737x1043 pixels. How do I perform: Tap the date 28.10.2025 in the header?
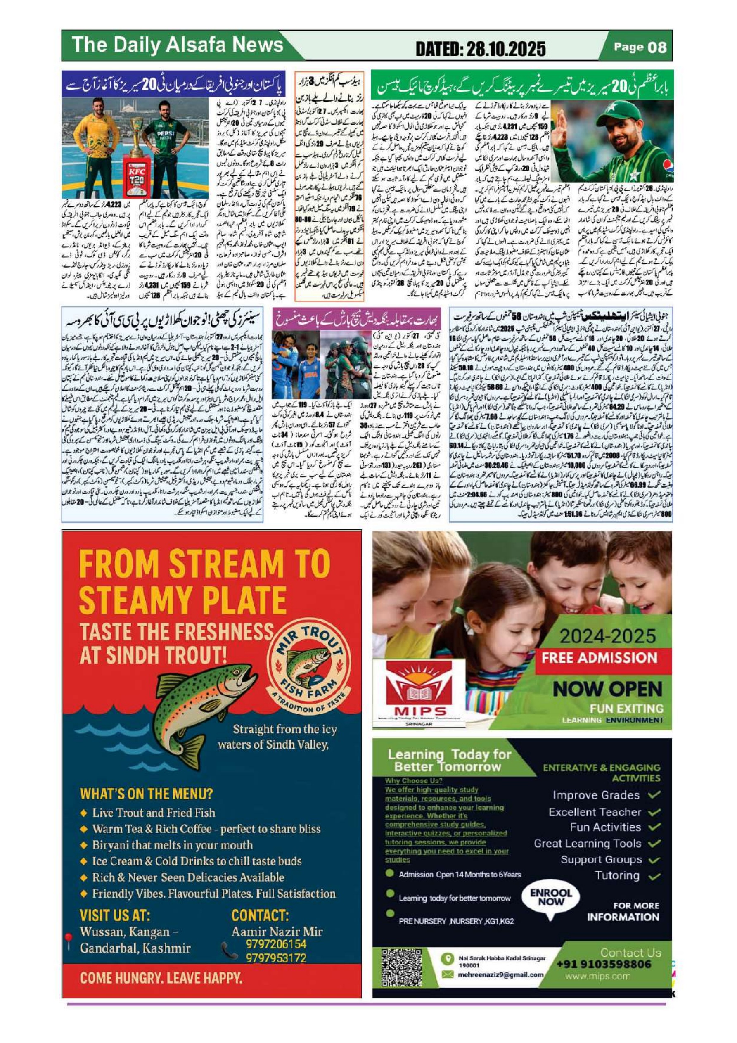[500, 49]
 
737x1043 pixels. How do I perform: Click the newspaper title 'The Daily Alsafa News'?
[178, 45]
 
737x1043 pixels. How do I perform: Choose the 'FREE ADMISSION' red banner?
[600, 658]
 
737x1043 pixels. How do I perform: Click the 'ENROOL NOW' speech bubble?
[551, 897]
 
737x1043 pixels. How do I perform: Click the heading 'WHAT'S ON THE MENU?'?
[146, 794]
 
